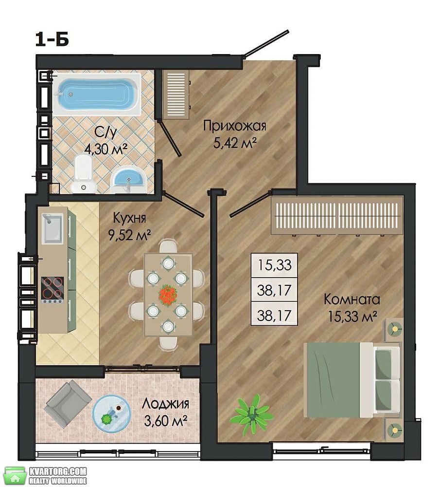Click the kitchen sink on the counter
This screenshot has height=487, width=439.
(53, 228)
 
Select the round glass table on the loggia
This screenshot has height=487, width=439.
(112, 413)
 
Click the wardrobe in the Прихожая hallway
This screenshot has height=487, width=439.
(176, 95)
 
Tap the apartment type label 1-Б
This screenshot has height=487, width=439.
(52, 40)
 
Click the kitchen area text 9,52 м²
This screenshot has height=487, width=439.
(129, 235)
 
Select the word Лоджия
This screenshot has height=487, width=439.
(165, 404)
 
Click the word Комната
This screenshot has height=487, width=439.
(352, 300)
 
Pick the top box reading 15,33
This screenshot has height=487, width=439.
(275, 265)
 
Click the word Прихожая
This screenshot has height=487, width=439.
(235, 127)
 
